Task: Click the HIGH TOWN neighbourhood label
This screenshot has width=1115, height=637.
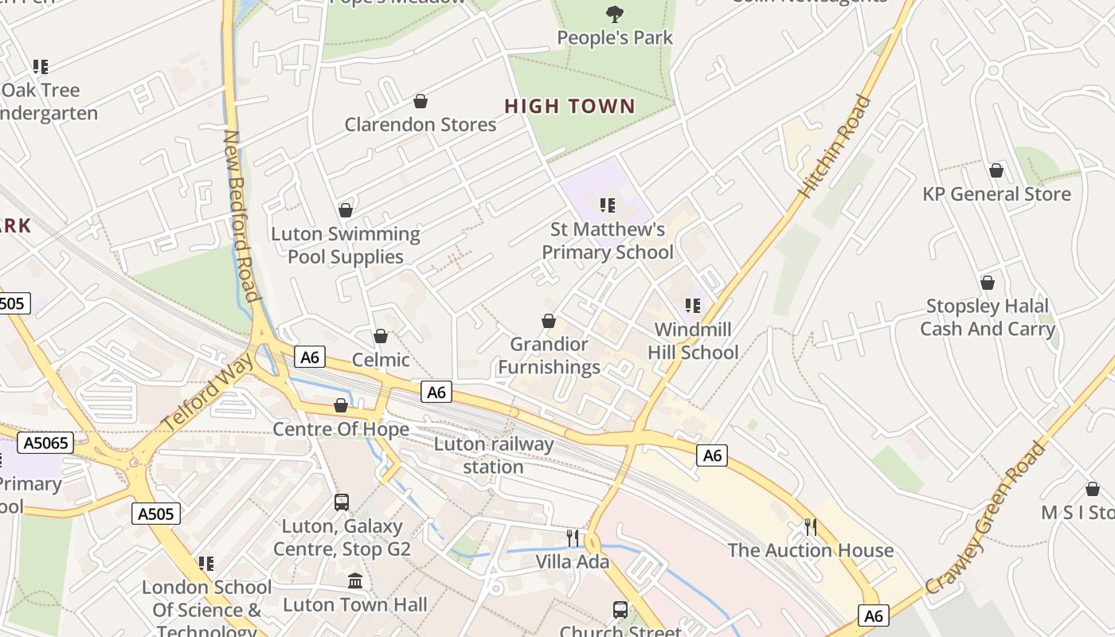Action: click(570, 106)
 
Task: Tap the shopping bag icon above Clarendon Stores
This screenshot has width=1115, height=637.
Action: click(420, 101)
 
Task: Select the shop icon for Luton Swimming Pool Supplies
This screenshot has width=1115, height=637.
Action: click(345, 210)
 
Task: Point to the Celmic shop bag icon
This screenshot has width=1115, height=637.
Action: click(381, 336)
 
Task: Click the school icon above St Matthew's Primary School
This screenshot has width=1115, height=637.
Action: click(608, 205)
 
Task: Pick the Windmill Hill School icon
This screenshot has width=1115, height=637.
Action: click(693, 305)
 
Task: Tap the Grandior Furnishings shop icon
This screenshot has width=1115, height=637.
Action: click(549, 321)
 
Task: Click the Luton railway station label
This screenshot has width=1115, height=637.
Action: click(493, 455)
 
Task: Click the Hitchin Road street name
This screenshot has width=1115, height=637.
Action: click(835, 147)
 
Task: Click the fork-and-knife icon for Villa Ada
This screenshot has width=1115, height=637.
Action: click(573, 537)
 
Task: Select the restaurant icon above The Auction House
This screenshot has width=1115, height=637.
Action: click(810, 526)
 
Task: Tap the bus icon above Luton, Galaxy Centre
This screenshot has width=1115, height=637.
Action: click(342, 502)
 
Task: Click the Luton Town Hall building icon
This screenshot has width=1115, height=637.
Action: click(355, 581)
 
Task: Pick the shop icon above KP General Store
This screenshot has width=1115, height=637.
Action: click(996, 170)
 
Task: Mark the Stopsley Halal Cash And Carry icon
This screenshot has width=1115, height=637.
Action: click(988, 283)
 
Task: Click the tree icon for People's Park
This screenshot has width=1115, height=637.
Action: click(614, 14)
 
